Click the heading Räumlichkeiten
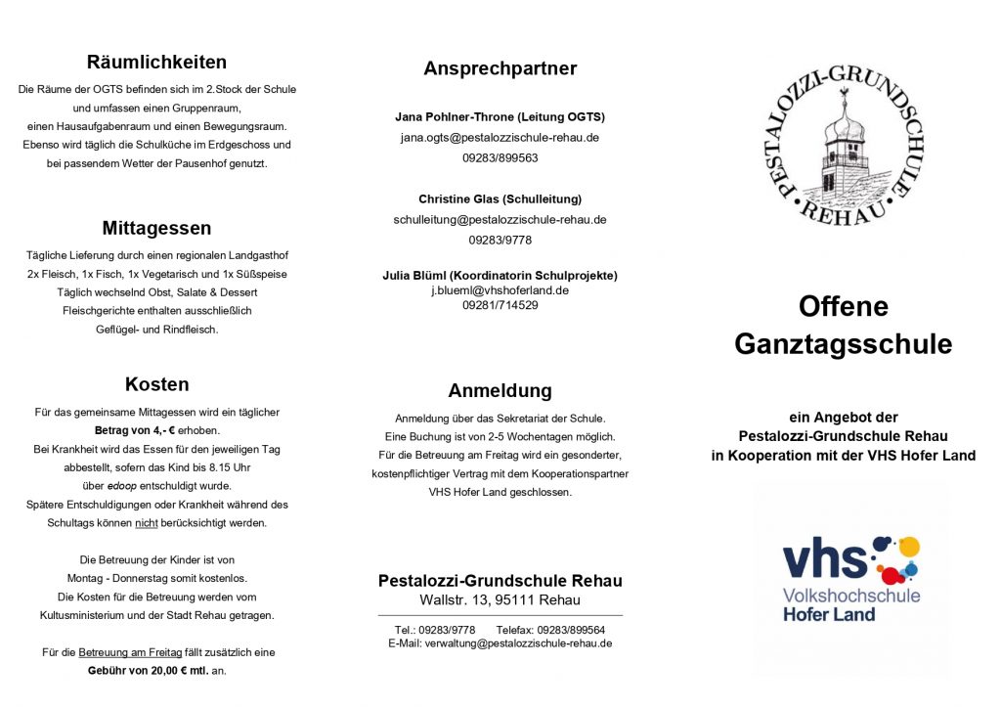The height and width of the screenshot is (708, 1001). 156,63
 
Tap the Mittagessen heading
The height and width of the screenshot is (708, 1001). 156,229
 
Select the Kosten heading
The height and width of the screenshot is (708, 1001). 156,384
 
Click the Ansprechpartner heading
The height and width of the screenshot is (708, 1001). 500,68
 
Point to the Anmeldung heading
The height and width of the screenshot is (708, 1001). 500,391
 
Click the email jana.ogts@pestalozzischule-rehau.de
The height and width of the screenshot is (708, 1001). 500,137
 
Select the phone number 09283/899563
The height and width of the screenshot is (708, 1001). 500,157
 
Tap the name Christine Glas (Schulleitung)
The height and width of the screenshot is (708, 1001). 500,199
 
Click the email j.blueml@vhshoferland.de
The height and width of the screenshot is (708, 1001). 500,290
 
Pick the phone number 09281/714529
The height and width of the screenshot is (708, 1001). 500,305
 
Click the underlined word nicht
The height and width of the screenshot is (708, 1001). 147,523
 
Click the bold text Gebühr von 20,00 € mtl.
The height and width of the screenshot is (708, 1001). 148,671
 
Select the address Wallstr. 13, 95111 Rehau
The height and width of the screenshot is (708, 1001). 500,599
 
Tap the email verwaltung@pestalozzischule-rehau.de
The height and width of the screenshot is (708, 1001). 522,642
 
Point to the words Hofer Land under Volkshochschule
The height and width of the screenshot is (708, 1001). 828,614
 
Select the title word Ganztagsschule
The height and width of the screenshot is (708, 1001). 843,344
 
